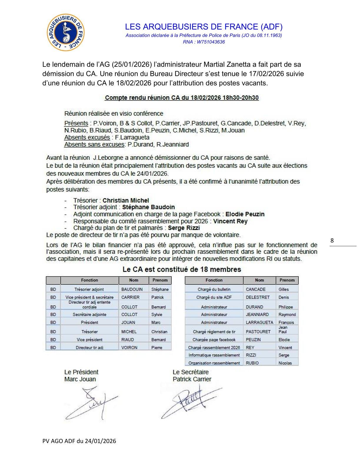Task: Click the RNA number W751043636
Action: (204, 42)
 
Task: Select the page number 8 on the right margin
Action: (332, 241)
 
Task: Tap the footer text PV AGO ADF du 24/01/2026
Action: (79, 441)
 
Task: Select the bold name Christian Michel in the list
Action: (126, 200)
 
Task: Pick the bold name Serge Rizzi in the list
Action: (184, 228)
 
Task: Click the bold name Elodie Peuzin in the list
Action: (245, 214)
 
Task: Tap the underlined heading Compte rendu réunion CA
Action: (181, 98)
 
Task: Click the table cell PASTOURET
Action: (258, 332)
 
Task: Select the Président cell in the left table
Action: (89, 322)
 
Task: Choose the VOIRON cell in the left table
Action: (129, 347)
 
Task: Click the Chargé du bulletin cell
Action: (214, 289)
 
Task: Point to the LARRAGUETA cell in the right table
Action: (259, 322)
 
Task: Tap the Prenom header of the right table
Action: (287, 280)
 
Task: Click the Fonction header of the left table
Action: (89, 280)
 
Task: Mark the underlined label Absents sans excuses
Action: (94, 144)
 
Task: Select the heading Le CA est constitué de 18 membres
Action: (181, 269)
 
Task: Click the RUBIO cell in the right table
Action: (252, 363)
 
